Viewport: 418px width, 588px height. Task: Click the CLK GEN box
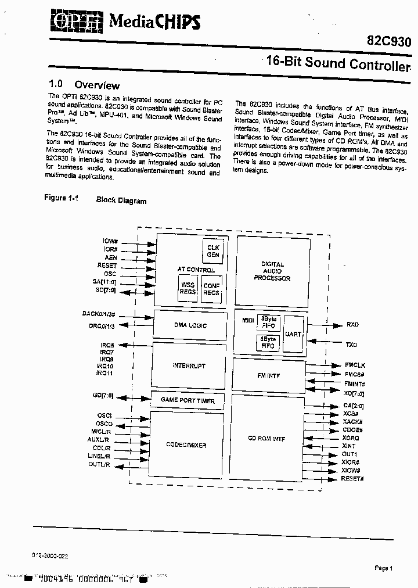tap(213, 251)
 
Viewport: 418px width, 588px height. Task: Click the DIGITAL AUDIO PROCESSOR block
tap(272, 271)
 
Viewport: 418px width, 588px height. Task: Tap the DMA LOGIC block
tap(190, 325)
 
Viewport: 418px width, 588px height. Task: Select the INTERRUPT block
tap(189, 365)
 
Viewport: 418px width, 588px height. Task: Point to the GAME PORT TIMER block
tap(188, 401)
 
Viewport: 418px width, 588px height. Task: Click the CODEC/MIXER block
tap(186, 446)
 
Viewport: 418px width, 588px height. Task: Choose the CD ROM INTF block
tap(267, 439)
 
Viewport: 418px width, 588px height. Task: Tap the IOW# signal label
tap(110, 241)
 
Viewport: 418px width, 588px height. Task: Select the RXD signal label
tap(352, 325)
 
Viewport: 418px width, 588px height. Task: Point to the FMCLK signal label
tap(355, 365)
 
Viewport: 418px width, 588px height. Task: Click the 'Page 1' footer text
tap(384, 568)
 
